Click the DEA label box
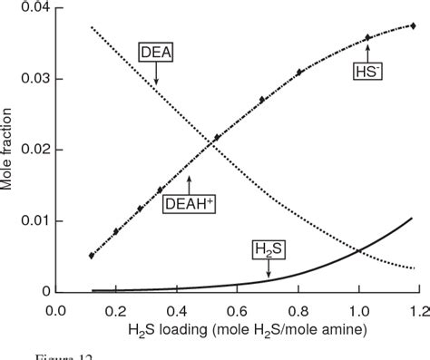(156, 53)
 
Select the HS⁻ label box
(367, 66)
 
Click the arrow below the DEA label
(156, 76)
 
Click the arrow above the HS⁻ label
(367, 45)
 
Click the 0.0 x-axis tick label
(56, 310)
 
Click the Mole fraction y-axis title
(8, 150)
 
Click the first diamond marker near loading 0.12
(92, 256)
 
